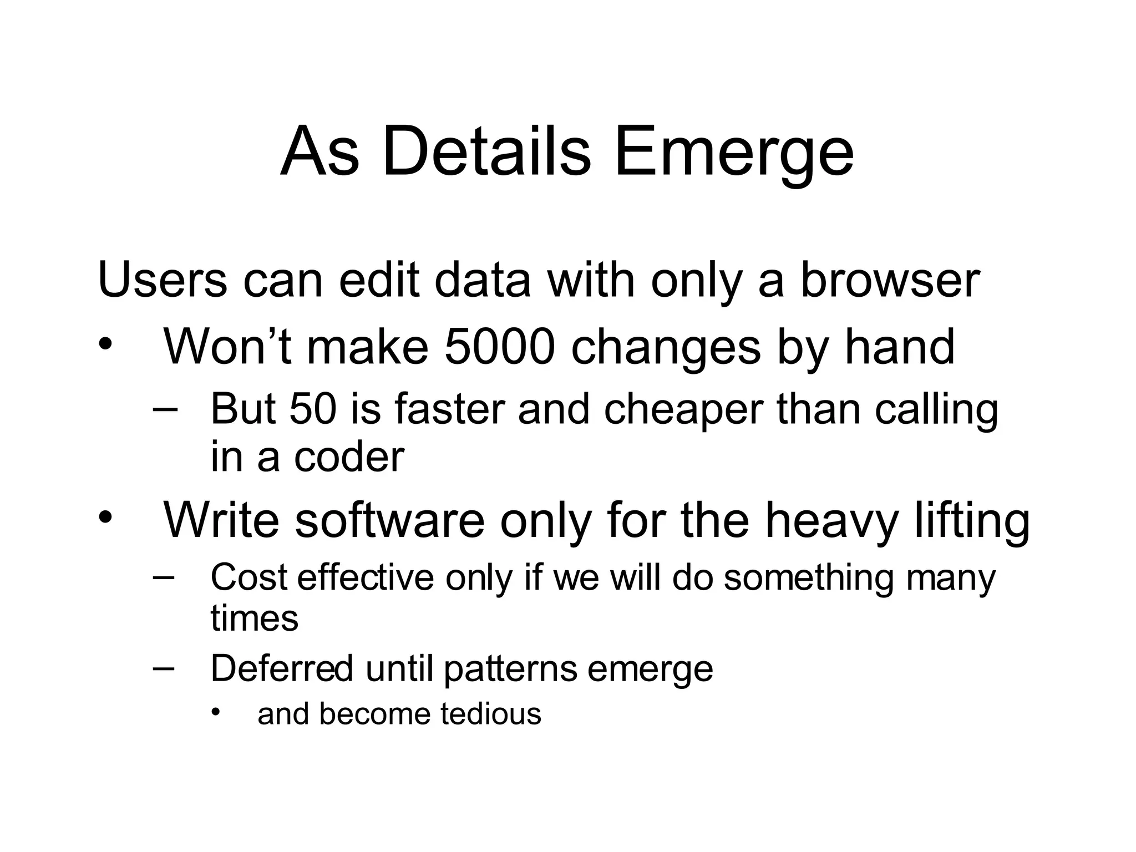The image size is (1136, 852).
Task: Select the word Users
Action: point(162,280)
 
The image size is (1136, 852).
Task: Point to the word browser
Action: point(890,280)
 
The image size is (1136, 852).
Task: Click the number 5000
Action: point(500,347)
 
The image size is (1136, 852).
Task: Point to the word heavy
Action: point(831,521)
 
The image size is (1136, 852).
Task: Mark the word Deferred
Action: point(281,668)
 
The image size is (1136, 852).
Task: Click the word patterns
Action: point(510,670)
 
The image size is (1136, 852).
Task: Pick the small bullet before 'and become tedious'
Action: point(216,712)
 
